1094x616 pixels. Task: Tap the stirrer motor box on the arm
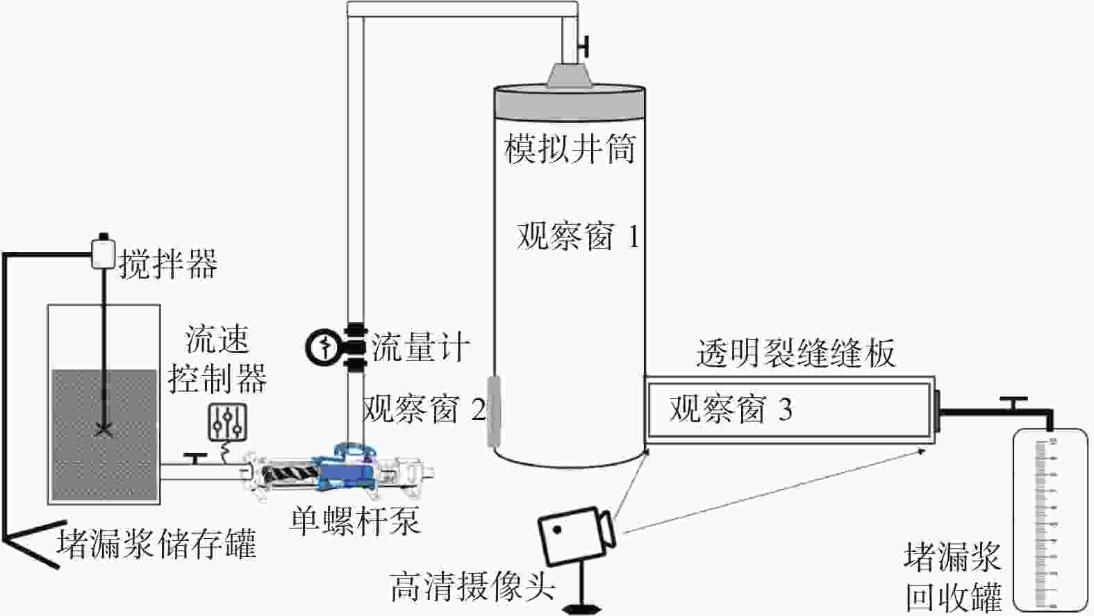103,252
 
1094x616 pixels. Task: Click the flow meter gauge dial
322,347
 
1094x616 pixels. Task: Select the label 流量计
420,347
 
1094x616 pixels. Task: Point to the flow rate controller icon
227,423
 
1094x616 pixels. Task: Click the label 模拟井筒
570,149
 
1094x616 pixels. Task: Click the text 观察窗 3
731,408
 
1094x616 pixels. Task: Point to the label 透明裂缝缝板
795,352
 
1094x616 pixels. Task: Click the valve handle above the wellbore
583,47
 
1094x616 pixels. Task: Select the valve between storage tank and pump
195,458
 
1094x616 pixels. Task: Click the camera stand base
581,609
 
